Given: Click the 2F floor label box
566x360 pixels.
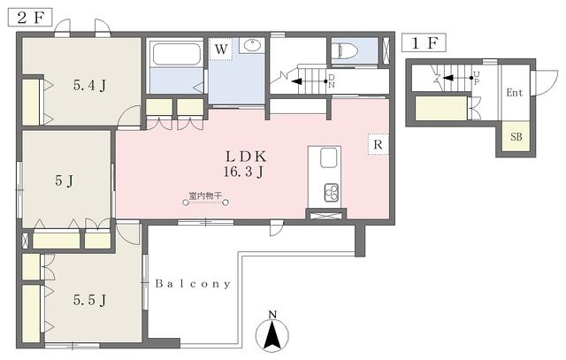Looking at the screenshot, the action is pos(30,18).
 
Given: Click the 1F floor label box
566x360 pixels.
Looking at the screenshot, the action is pos(424,43).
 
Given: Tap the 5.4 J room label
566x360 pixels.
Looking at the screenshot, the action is pos(90,86).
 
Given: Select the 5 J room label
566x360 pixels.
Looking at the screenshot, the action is pos(65,180).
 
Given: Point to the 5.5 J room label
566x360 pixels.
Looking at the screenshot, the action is pos(90,300).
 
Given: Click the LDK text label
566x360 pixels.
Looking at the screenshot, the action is pos(246,157).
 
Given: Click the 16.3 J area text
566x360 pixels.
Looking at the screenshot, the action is pos(243,172).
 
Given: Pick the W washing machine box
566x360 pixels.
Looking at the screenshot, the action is pos(221,49).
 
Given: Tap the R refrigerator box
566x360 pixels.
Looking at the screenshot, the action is pos(378,144).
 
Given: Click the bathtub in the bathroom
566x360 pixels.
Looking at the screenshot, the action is pos(177,54).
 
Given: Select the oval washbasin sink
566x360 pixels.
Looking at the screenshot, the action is pos(252,45).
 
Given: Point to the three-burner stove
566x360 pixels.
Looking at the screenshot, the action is pos(332,193).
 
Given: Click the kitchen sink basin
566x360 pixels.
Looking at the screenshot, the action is pos(328,157).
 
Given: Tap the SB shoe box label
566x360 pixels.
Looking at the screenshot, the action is pos(516,137).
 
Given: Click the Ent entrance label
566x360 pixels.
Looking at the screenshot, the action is pos(515,93).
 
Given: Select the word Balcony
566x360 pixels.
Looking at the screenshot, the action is pos(193,284).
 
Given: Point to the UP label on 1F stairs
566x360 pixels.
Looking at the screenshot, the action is pos(477,78).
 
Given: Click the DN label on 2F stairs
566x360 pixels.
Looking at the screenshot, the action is pos(332,81).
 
